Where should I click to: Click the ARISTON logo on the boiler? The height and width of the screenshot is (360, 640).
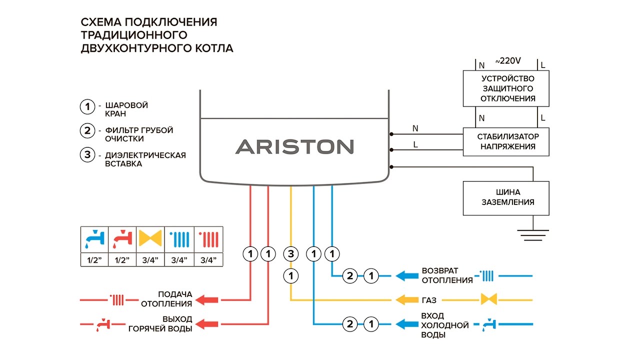(x=294, y=146)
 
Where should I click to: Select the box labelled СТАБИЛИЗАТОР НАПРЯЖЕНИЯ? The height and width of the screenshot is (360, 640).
(x=505, y=141)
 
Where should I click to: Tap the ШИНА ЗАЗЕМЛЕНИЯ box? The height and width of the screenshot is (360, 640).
(x=505, y=197)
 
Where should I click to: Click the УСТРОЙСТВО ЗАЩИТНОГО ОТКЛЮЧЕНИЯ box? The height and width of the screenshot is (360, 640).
(x=505, y=88)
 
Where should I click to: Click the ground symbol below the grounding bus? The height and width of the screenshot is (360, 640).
(x=533, y=233)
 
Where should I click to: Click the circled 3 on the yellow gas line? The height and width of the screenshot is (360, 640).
(x=291, y=254)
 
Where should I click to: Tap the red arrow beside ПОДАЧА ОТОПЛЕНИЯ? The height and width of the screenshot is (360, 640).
(x=207, y=300)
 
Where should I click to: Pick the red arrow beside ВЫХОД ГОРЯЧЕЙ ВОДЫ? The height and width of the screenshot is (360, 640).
(x=207, y=324)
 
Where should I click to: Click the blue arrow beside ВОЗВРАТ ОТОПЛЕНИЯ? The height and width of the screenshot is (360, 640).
(x=406, y=275)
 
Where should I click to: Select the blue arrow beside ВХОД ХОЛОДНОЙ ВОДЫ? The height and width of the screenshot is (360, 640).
(x=406, y=324)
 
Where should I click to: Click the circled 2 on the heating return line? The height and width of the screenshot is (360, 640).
(x=350, y=275)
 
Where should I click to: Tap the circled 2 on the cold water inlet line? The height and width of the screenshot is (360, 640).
(x=350, y=324)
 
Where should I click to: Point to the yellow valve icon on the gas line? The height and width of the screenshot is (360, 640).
(x=489, y=300)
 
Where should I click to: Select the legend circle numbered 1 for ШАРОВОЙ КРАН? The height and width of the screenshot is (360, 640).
(x=87, y=106)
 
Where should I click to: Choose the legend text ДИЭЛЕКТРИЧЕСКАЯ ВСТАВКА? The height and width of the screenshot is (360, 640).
(x=145, y=159)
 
